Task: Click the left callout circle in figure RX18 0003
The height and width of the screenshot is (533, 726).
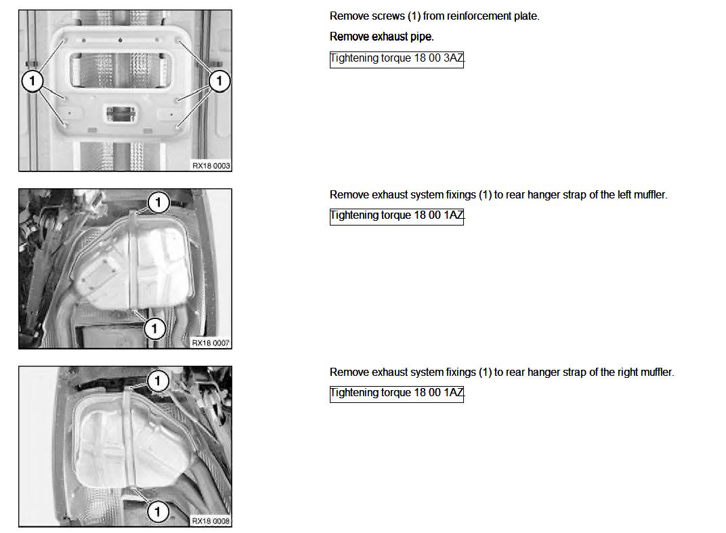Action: [x=32, y=81]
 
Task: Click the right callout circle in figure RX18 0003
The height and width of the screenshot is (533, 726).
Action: [x=219, y=81]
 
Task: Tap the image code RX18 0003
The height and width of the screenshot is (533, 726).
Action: [x=211, y=166]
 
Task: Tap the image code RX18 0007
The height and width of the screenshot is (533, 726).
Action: [x=211, y=343]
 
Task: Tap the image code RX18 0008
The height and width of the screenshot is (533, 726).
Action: [x=211, y=521]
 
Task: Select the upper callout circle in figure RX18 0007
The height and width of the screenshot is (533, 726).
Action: [x=158, y=202]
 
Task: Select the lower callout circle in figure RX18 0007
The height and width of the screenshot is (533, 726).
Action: [x=154, y=329]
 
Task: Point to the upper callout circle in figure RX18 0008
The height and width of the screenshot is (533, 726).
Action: [x=158, y=381]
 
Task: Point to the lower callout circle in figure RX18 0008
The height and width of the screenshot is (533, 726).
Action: [x=158, y=512]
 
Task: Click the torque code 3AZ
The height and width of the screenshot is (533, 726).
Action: [x=453, y=58]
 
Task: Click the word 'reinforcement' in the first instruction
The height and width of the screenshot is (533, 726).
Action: [x=479, y=16]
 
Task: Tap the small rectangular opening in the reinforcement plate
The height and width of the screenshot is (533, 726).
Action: [x=121, y=114]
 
